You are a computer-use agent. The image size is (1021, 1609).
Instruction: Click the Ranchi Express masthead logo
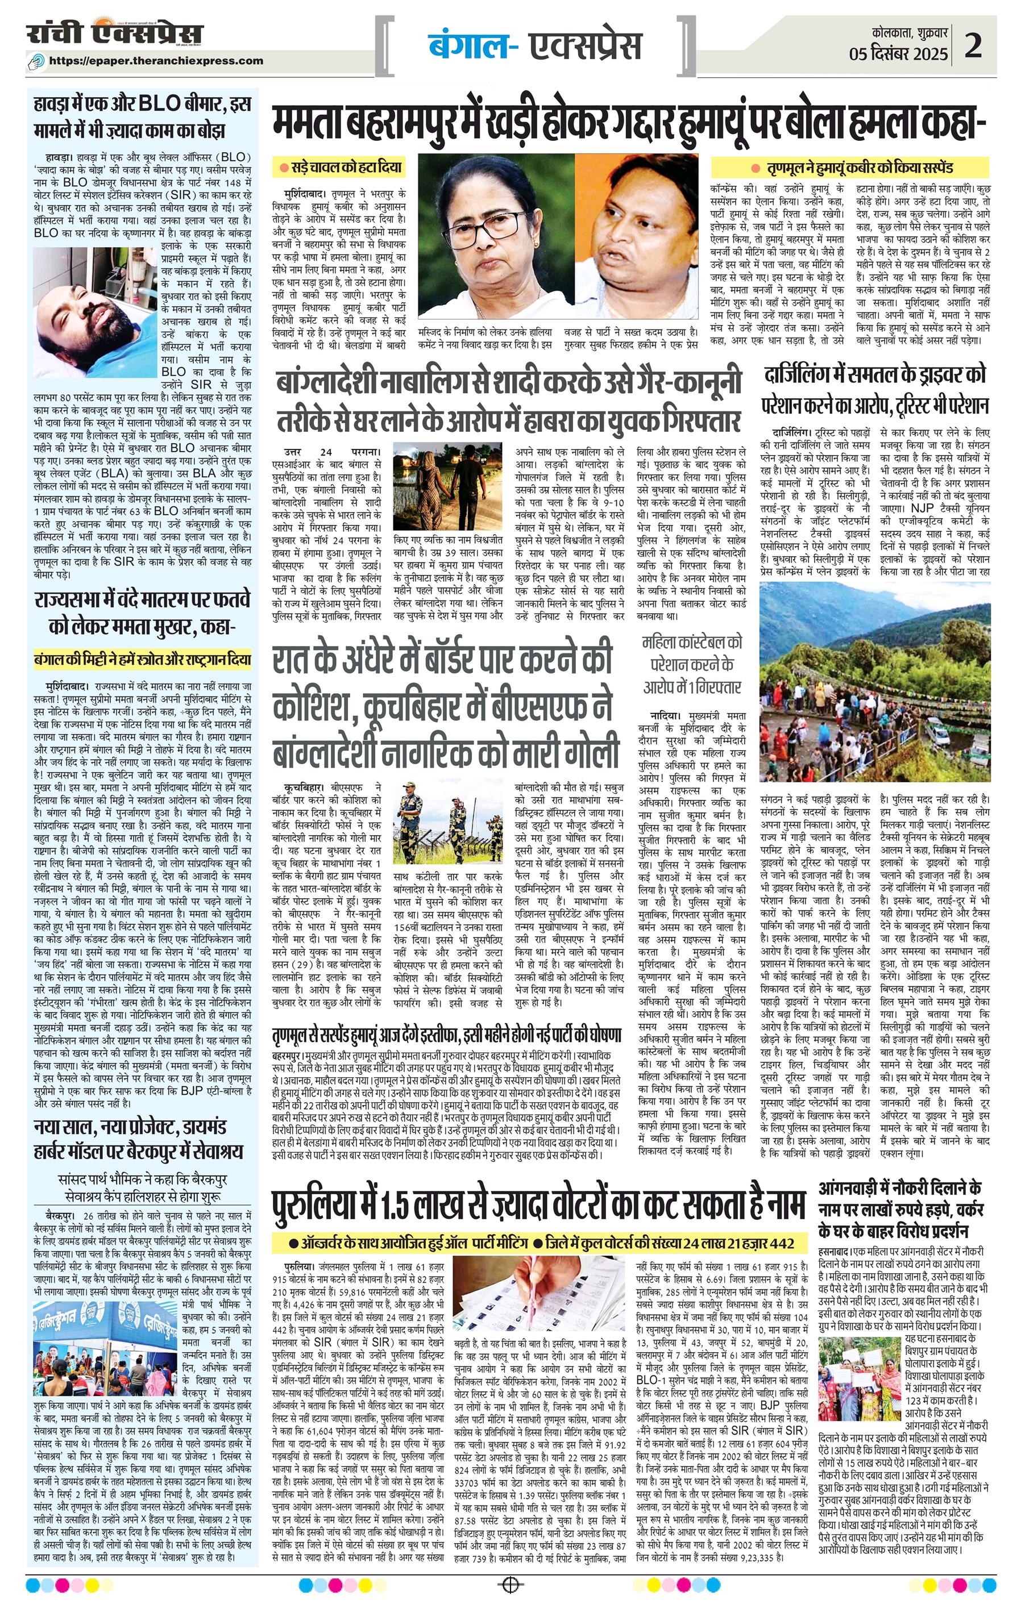(114, 34)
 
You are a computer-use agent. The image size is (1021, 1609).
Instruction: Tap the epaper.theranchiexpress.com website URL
(156, 61)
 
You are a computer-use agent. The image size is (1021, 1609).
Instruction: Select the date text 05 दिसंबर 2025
(899, 54)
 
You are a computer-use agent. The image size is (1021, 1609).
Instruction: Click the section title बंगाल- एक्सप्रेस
(535, 45)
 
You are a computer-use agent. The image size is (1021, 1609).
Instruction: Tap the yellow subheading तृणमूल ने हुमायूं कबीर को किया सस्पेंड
(851, 167)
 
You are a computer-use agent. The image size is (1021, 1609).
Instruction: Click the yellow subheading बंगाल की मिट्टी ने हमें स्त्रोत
(143, 661)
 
